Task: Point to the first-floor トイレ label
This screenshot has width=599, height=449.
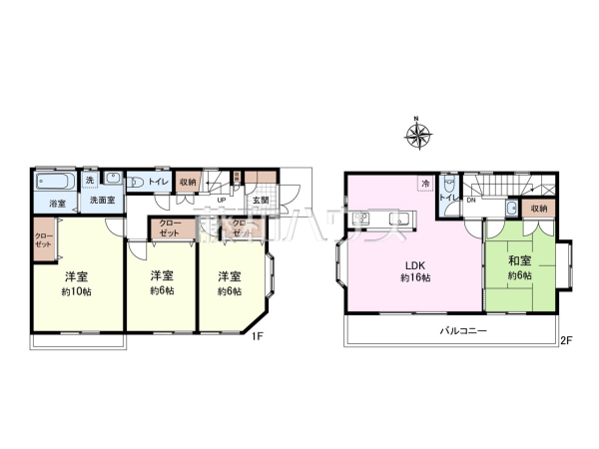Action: [x=159, y=182]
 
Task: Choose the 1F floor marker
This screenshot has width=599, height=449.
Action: [x=257, y=337]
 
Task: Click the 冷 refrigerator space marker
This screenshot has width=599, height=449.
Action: [x=425, y=184]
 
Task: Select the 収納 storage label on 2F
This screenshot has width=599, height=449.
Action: [x=539, y=208]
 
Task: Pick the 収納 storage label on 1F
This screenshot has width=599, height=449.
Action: [x=188, y=182]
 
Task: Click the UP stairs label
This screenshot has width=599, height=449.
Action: [x=220, y=200]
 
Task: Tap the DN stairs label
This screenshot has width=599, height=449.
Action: [x=471, y=200]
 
